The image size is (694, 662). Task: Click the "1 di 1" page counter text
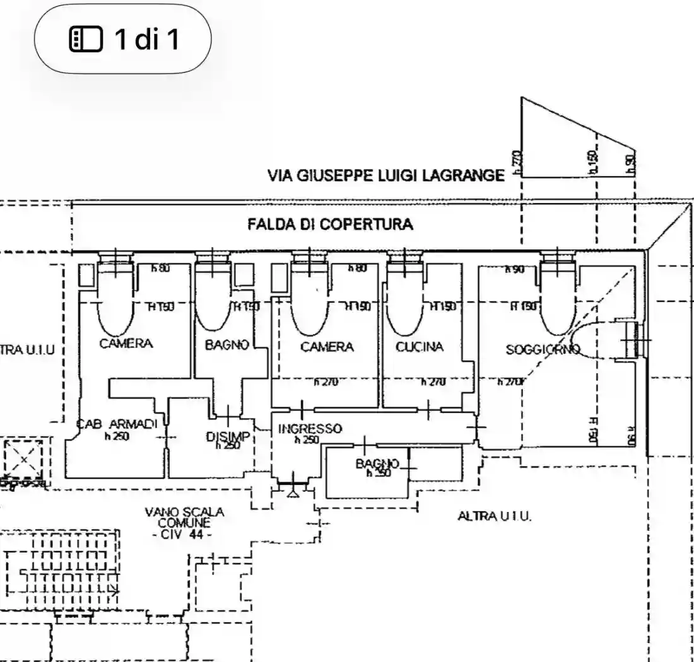[146, 39]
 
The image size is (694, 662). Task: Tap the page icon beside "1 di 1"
[85, 40]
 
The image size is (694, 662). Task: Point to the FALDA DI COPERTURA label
[330, 224]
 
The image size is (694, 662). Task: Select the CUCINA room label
[420, 347]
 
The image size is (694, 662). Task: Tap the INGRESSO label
[310, 429]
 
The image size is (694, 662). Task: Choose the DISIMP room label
[228, 436]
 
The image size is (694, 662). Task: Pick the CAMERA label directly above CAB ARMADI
[126, 344]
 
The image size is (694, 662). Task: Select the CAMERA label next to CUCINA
[327, 347]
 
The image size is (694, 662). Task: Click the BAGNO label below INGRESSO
[377, 463]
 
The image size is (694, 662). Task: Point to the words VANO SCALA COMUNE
[184, 518]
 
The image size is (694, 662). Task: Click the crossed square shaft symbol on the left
[23, 459]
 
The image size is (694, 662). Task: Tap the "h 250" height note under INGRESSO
[307, 440]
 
